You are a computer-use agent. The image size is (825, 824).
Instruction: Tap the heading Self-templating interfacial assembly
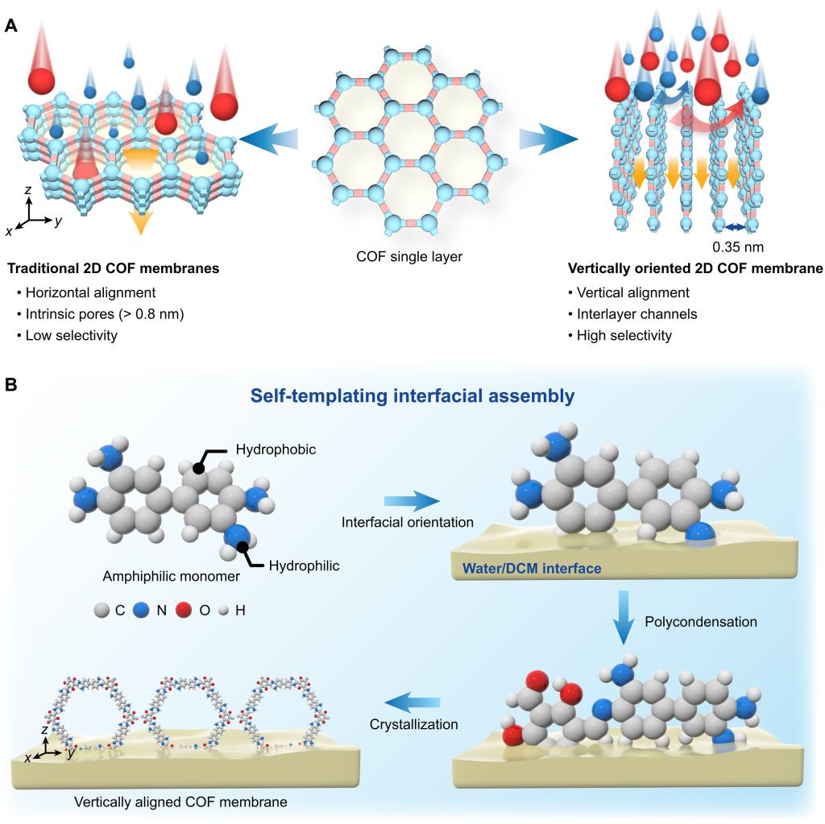pyautogui.click(x=412, y=395)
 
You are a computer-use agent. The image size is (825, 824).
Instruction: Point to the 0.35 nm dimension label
pyautogui.click(x=738, y=246)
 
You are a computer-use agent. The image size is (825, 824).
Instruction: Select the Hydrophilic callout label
pyautogui.click(x=304, y=566)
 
